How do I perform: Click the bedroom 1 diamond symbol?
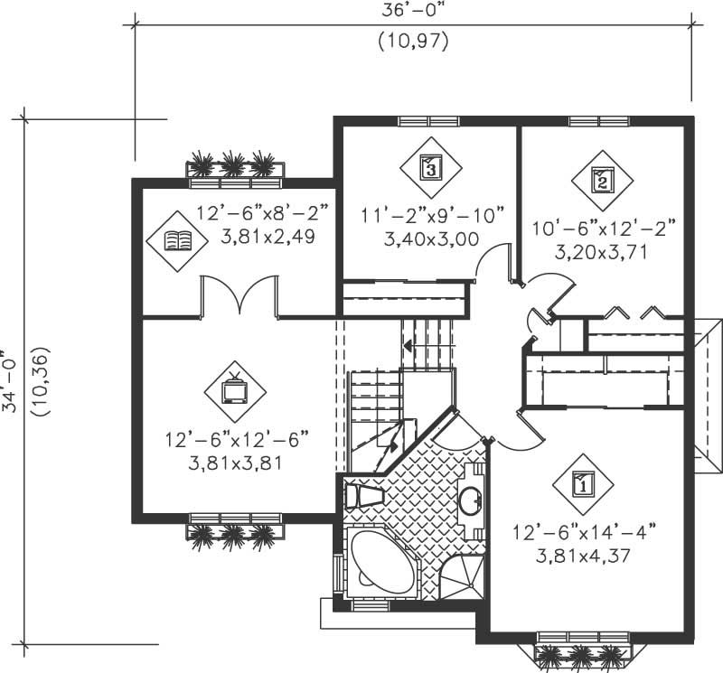(582, 484)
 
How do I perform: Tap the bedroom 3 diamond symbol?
(430, 167)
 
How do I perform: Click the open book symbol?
(177, 240)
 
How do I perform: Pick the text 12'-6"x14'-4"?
(582, 531)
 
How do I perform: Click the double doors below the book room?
(239, 298)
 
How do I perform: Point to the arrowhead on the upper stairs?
(408, 345)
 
